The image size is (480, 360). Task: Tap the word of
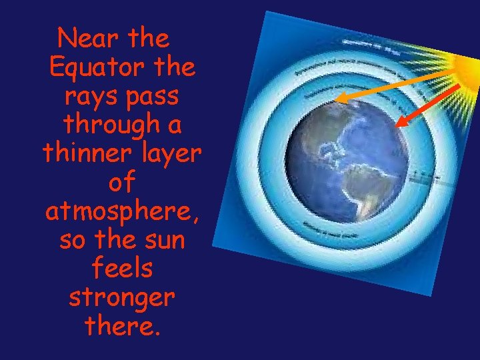tap(121, 182)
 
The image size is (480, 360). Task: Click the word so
tap(73, 239)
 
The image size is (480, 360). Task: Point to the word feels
tap(121, 269)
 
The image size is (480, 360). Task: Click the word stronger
tap(121, 298)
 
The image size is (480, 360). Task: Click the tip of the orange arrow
tap(336, 100)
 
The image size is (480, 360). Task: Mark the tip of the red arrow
tap(397, 125)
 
